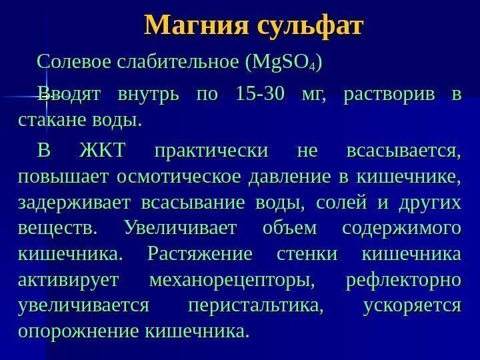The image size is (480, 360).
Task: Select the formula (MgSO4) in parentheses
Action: pyautogui.click(x=285, y=63)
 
